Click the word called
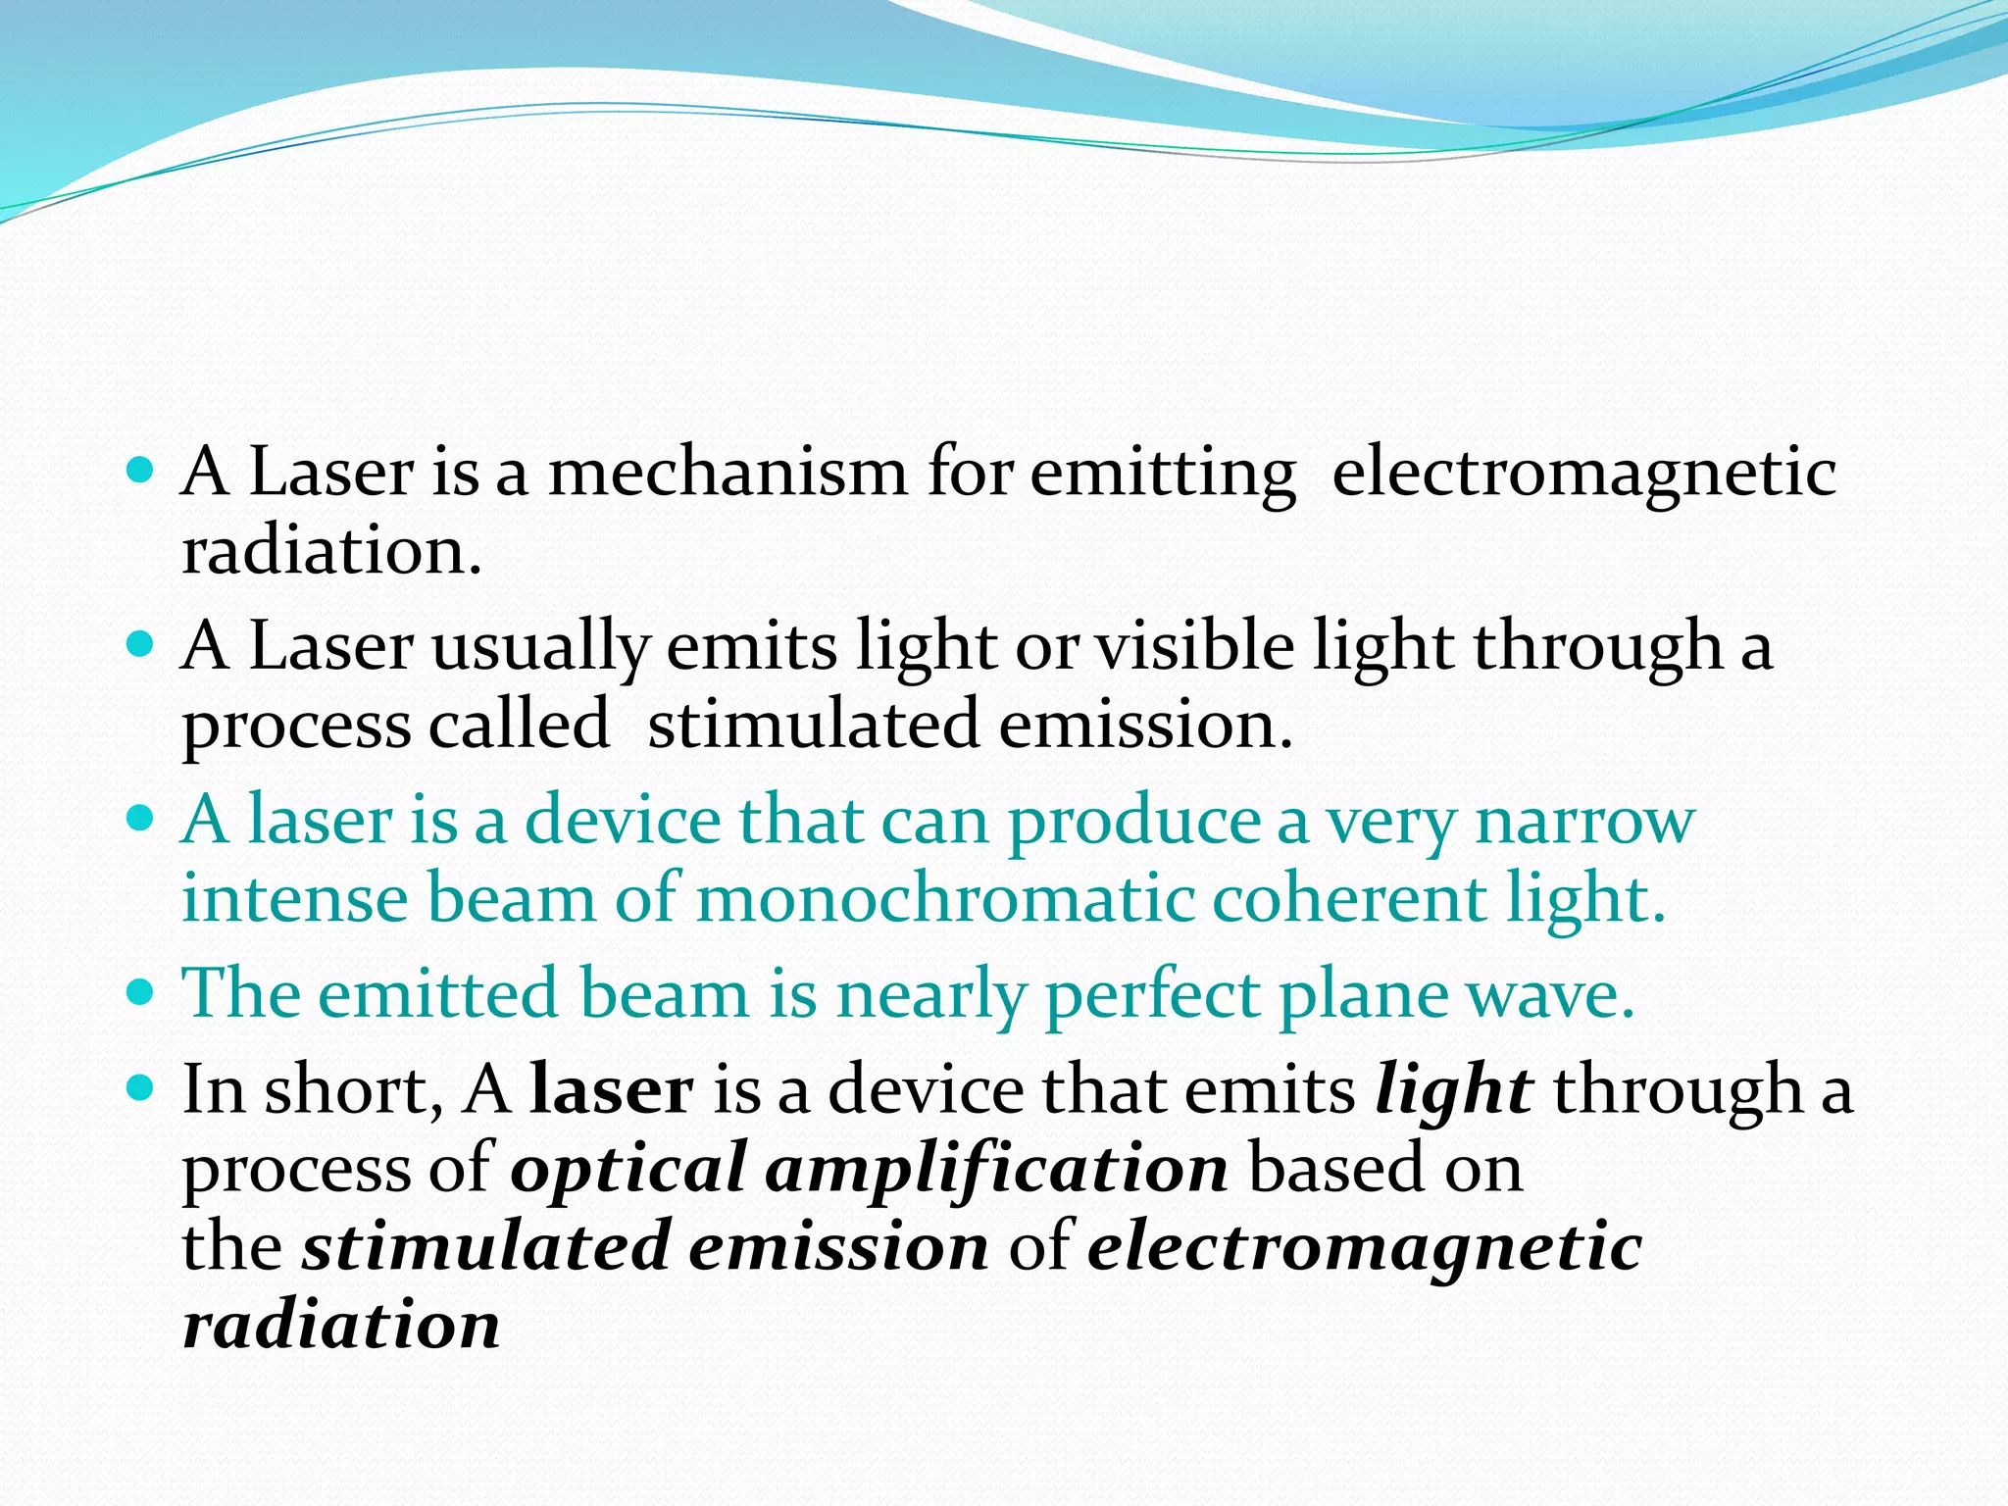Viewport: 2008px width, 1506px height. pos(519,726)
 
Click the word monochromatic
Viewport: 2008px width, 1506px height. pos(945,899)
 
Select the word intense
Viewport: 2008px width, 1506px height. pos(295,899)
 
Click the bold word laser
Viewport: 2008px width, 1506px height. pos(611,1091)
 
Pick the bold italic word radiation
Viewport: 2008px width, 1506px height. pos(341,1326)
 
